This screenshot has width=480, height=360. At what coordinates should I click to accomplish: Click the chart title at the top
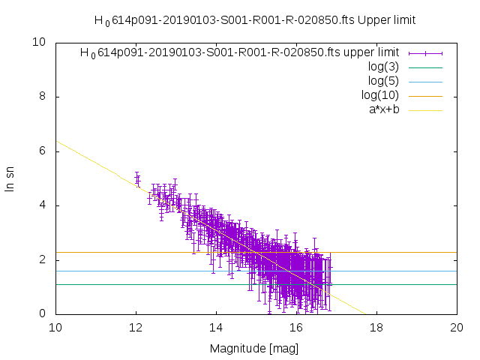[x=255, y=20]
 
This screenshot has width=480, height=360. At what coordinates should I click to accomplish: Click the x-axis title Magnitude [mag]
[x=255, y=349]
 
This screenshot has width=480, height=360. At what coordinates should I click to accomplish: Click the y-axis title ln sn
[x=10, y=178]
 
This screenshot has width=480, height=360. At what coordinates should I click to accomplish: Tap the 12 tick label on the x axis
[x=136, y=328]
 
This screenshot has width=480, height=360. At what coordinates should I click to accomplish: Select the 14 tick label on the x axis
[x=216, y=328]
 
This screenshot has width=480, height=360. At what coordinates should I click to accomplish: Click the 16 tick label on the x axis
[x=296, y=328]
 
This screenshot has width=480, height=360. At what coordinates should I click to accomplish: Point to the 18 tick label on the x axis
[x=376, y=328]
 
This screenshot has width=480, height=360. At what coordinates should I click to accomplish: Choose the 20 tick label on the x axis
[x=457, y=328]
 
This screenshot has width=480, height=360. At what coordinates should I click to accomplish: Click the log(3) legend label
[x=384, y=67]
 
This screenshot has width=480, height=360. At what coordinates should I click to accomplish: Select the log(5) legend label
[x=384, y=81]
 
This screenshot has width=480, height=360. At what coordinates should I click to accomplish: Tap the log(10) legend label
[x=380, y=95]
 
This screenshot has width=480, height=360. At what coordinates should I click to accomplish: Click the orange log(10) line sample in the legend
[x=424, y=95]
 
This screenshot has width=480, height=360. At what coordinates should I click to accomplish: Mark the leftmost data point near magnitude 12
[x=136, y=178]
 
